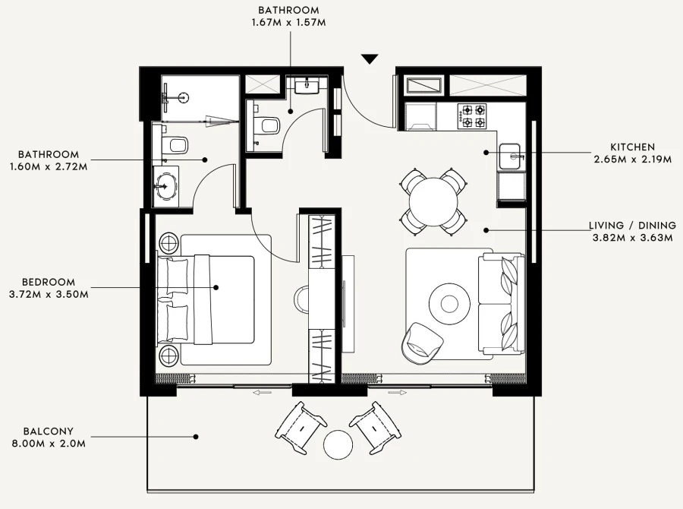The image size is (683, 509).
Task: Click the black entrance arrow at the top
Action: (x=370, y=59)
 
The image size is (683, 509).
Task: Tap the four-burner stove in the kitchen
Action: (x=474, y=115)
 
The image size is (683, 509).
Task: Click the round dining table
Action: (x=434, y=202)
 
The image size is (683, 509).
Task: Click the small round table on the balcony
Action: (x=338, y=444)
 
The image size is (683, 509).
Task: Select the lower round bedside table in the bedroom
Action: (x=168, y=356)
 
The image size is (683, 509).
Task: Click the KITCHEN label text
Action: (x=631, y=147)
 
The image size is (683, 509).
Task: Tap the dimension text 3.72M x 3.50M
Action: (x=49, y=294)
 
